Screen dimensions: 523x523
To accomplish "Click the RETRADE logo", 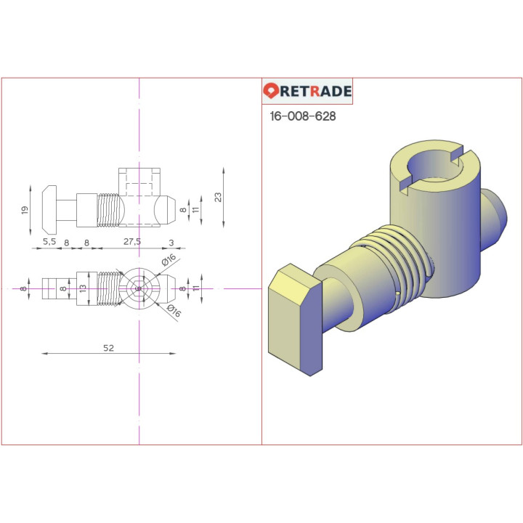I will (307, 92).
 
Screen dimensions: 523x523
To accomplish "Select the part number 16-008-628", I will (302, 116).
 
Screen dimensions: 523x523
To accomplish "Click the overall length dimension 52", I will (108, 348).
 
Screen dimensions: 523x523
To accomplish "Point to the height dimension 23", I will (218, 197).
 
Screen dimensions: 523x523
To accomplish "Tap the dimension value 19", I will (25, 210).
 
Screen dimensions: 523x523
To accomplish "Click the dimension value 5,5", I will (49, 241).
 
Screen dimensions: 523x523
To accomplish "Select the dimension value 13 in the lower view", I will (83, 288).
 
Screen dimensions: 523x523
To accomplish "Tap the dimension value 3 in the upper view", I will (171, 241).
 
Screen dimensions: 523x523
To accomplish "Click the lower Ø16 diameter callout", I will (173, 312).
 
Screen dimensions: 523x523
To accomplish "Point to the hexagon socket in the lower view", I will (139, 288).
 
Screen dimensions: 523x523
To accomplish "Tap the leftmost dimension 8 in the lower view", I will (25, 288).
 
